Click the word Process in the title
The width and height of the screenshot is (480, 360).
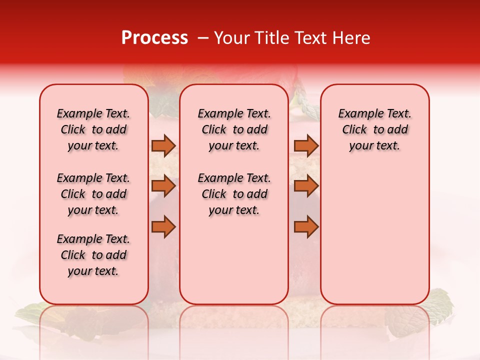[154, 38]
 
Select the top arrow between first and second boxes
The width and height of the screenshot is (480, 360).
[163, 146]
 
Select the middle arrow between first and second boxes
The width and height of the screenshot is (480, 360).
[163, 186]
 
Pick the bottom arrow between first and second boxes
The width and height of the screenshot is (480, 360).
[163, 227]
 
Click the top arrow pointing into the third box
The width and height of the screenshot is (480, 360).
[306, 146]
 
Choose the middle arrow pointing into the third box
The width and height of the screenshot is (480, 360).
[306, 186]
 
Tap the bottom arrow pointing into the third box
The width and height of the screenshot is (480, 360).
[306, 227]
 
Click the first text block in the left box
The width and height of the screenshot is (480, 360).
[93, 129]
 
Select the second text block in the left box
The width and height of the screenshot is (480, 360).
[93, 194]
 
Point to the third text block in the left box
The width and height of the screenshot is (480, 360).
[93, 255]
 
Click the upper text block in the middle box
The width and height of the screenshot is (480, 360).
[234, 129]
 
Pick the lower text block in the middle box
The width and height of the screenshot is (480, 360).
[234, 194]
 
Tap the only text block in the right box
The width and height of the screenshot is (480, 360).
[374, 129]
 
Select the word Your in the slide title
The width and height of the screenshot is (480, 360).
[232, 38]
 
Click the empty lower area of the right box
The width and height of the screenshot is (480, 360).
[374, 240]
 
